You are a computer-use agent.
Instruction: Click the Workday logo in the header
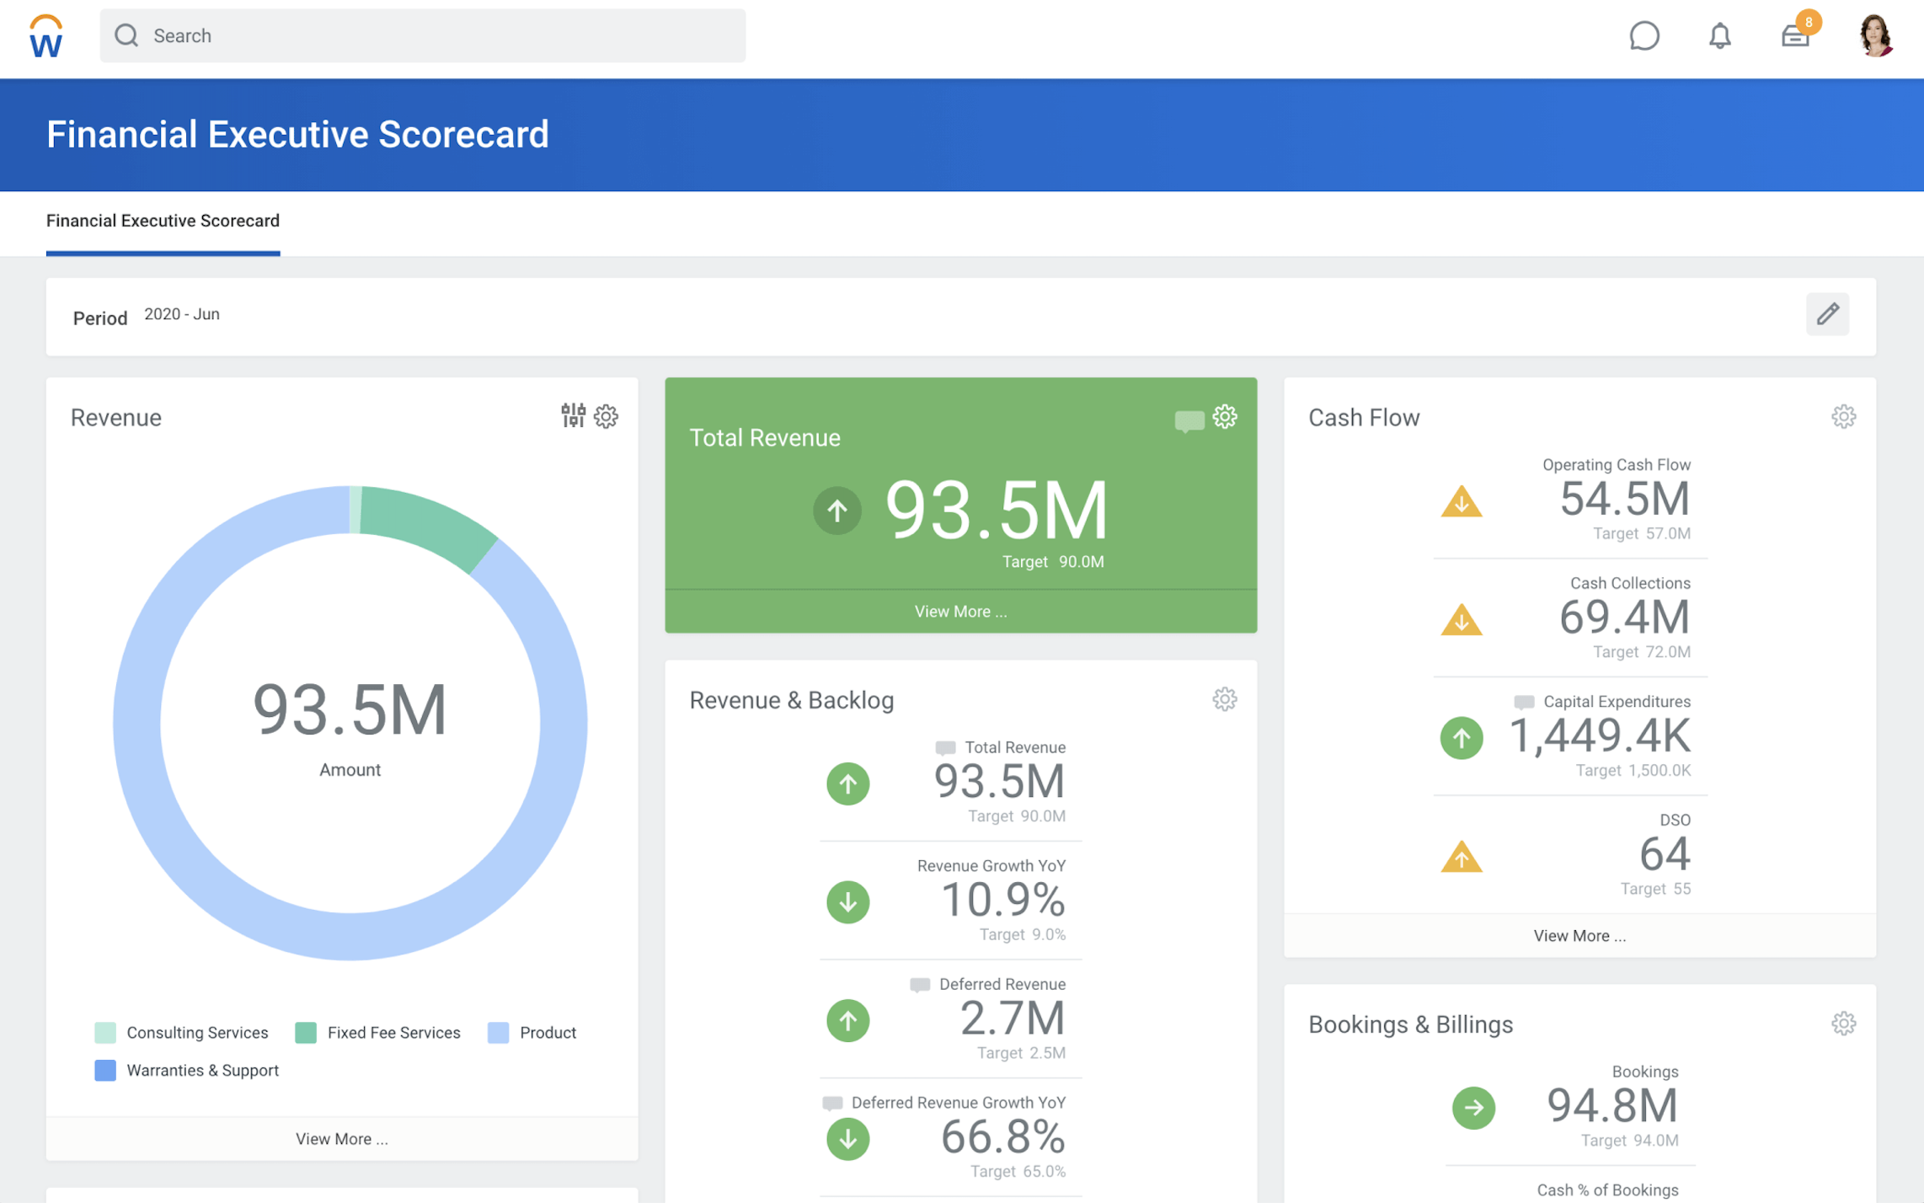(45, 36)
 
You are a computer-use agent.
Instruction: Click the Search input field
(422, 35)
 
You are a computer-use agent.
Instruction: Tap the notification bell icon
(1719, 35)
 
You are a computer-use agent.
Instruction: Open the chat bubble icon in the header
(1643, 35)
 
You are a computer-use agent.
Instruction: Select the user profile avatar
(1875, 35)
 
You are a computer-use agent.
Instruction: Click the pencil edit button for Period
(1827, 314)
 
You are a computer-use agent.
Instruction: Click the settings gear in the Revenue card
(606, 416)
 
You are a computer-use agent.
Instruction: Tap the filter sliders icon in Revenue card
(573, 414)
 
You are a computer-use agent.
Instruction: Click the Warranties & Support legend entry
(187, 1070)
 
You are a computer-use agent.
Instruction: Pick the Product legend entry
(532, 1032)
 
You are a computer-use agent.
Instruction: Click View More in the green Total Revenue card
(960, 611)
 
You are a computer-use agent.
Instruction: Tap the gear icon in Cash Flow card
(1843, 416)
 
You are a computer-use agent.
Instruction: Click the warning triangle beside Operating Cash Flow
(1461, 501)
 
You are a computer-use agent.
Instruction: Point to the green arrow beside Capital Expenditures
(1461, 738)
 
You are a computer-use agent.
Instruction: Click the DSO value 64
(1664, 853)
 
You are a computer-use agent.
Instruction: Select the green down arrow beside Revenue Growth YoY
(847, 902)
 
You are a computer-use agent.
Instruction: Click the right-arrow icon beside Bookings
(1473, 1108)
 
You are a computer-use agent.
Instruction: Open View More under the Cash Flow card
(1579, 936)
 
